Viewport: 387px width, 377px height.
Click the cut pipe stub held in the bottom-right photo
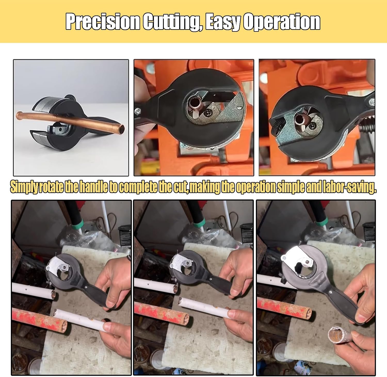pos(335,336)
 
